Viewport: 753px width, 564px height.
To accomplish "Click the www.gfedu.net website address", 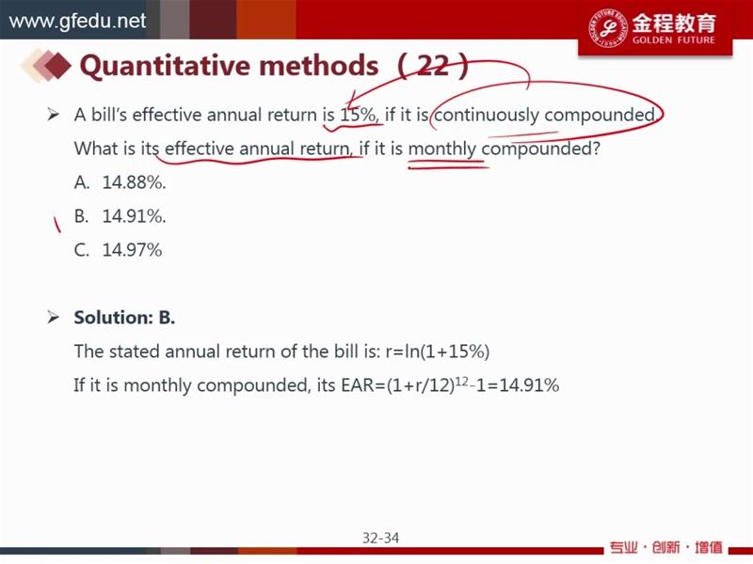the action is click(77, 21).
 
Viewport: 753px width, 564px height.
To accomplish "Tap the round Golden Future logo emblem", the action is click(608, 27).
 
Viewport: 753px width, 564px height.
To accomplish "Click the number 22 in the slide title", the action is click(433, 65).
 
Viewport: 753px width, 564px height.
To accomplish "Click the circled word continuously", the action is click(487, 116).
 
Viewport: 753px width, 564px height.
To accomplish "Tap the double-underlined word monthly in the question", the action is click(441, 149).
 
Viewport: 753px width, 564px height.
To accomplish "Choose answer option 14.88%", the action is click(134, 182).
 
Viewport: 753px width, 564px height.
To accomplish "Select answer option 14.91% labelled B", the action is click(134, 216).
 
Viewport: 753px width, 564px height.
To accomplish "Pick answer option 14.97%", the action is click(132, 250).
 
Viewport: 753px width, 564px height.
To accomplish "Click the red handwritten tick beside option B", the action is click(56, 225).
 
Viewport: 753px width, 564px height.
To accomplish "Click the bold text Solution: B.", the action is click(124, 318).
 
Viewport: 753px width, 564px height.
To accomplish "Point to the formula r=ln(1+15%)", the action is click(438, 352).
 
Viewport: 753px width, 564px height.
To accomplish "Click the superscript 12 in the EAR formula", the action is click(461, 381).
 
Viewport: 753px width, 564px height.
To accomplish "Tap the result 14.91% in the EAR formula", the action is click(529, 385).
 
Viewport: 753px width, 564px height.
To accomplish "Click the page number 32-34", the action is click(380, 538).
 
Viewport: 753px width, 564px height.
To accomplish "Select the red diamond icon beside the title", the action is click(57, 65).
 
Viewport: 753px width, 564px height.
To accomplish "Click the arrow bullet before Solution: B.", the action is click(53, 317).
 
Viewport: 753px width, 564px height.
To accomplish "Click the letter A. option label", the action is click(82, 182).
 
